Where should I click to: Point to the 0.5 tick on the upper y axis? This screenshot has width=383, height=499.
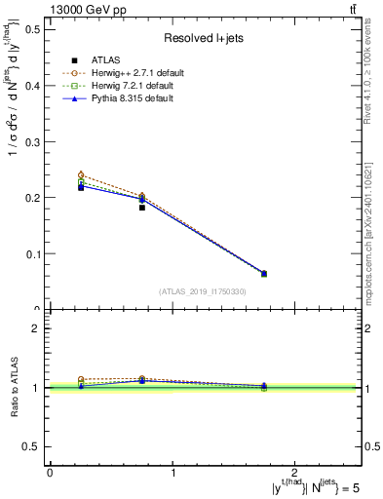coord(29,29)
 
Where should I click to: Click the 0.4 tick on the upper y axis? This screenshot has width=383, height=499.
coord(29,85)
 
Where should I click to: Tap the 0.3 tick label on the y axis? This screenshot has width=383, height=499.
coord(29,141)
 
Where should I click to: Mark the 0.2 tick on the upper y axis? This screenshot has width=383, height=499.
coord(29,198)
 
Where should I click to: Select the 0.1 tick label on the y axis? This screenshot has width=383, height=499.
coord(29,254)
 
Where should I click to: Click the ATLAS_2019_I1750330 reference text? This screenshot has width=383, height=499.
coord(203,291)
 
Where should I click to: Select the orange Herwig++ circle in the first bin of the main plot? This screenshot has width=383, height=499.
coord(81,174)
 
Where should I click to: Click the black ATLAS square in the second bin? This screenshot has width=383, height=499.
coord(142,208)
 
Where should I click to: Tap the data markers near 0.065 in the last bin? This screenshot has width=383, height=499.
coord(264,274)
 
